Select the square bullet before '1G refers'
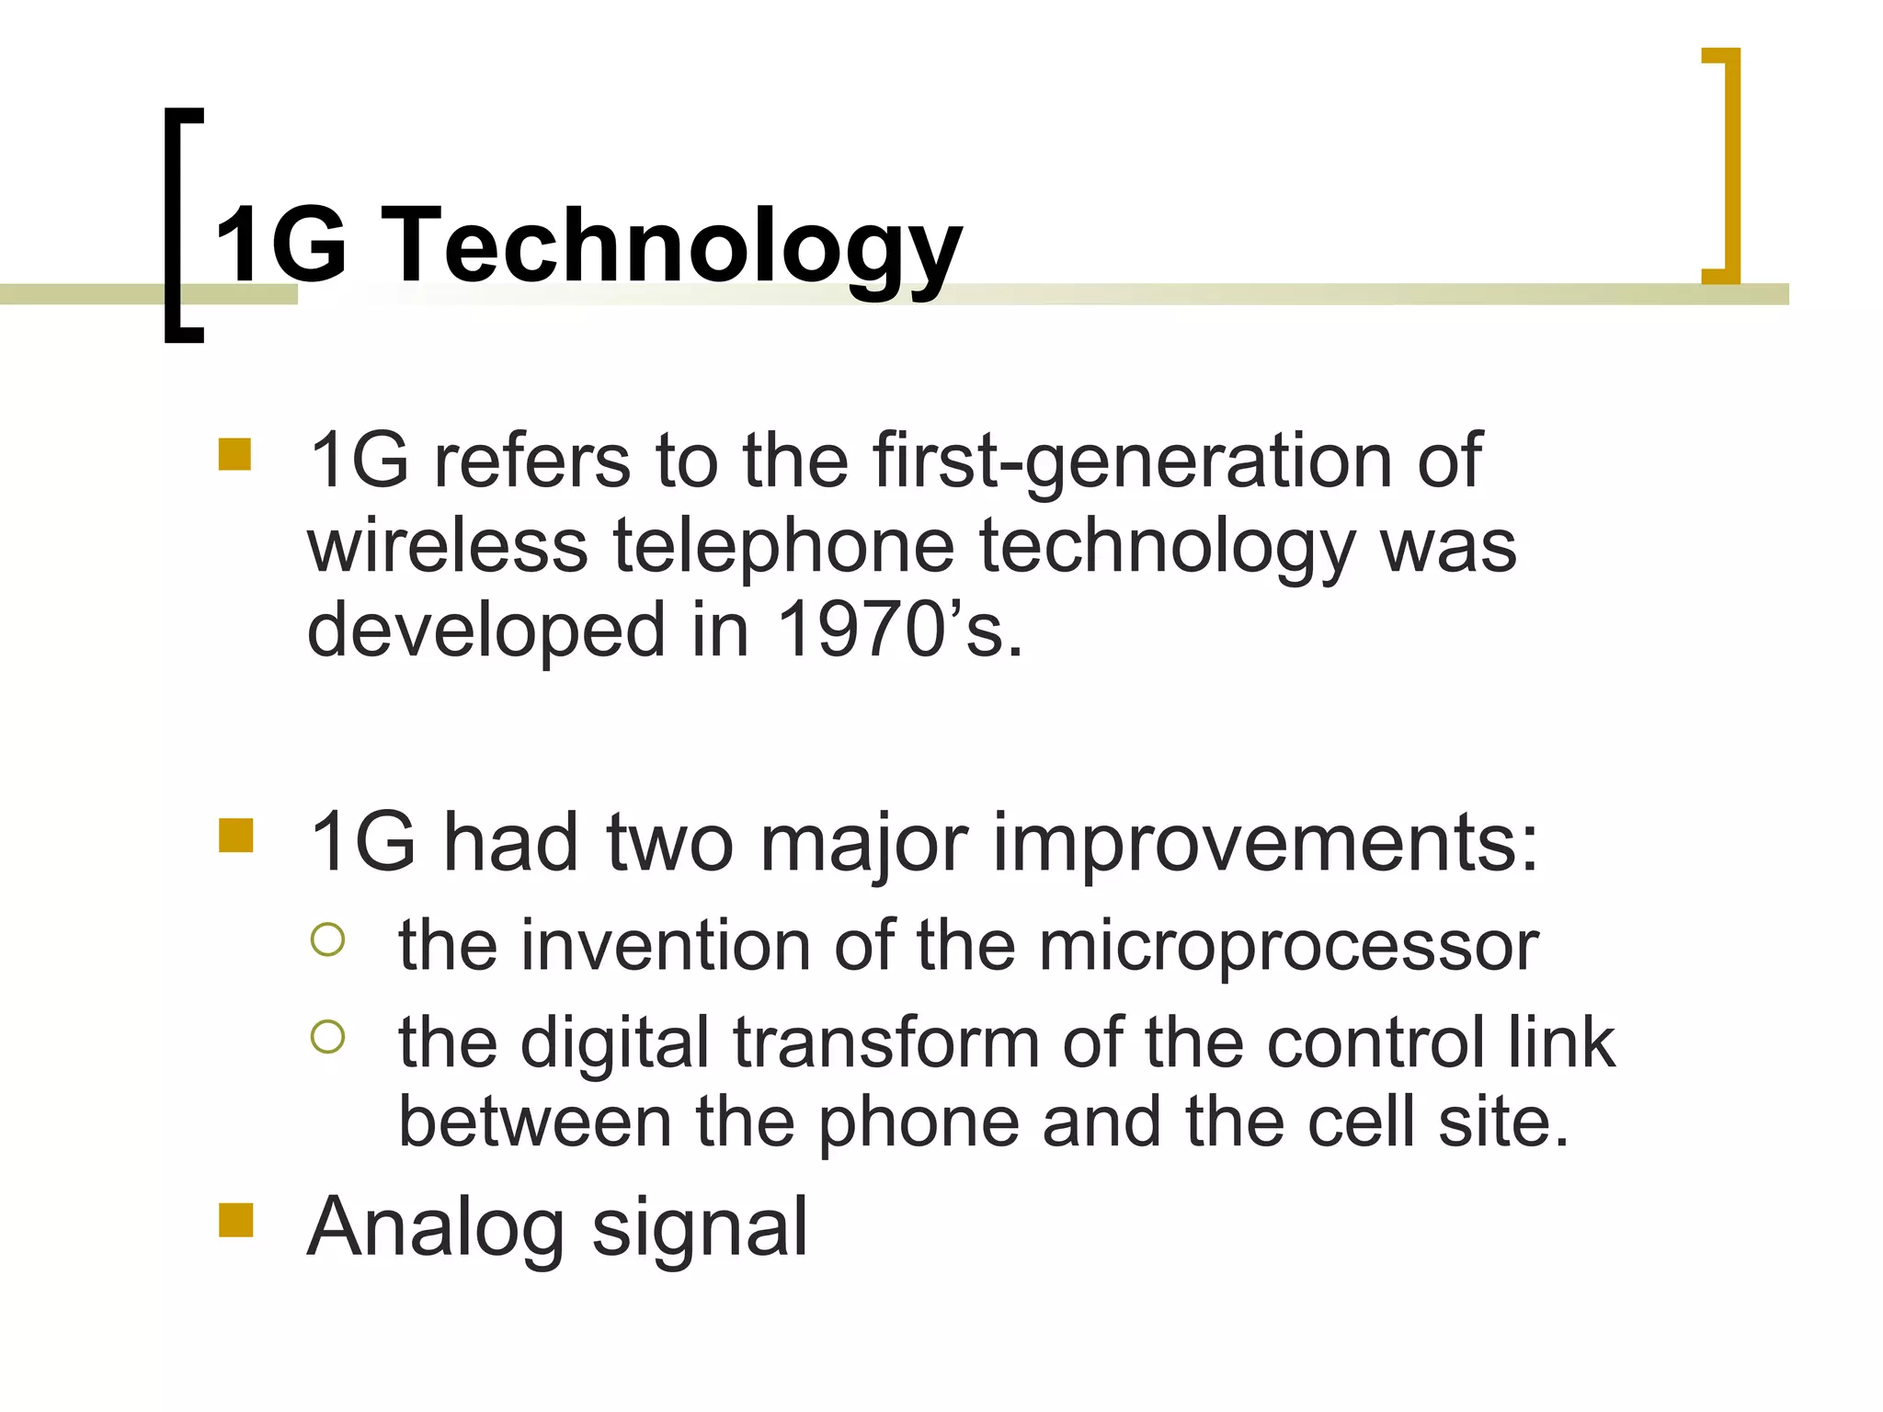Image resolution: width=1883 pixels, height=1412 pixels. coord(235,455)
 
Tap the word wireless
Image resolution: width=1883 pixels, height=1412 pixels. coord(447,546)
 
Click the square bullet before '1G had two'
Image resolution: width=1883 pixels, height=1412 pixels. coord(235,836)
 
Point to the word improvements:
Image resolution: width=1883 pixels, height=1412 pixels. coord(1265,844)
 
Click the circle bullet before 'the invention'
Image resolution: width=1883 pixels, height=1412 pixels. coord(328,939)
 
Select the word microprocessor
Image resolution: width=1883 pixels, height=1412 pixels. coord(1288,947)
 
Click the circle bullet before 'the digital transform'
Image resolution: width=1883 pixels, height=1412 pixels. coord(328,1037)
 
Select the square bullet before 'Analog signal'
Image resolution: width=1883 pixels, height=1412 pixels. coord(235,1222)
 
